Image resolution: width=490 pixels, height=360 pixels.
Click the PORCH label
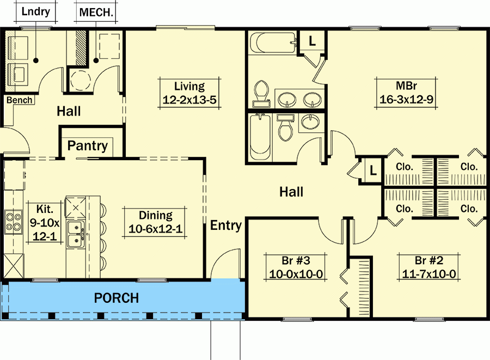[116, 298]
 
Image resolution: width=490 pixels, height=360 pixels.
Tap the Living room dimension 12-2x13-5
[189, 100]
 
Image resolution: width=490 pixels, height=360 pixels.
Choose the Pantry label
[87, 146]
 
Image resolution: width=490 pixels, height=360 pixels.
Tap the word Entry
[226, 225]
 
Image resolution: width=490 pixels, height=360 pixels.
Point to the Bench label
[20, 100]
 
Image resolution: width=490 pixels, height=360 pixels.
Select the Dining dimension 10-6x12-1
[155, 229]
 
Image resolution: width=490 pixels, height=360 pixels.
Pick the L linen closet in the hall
[372, 170]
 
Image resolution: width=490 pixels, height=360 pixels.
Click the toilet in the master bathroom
[261, 93]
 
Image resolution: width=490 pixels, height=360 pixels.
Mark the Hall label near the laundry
[69, 112]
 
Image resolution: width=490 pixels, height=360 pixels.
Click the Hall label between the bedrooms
[291, 192]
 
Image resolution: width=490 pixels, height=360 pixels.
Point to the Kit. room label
[44, 209]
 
